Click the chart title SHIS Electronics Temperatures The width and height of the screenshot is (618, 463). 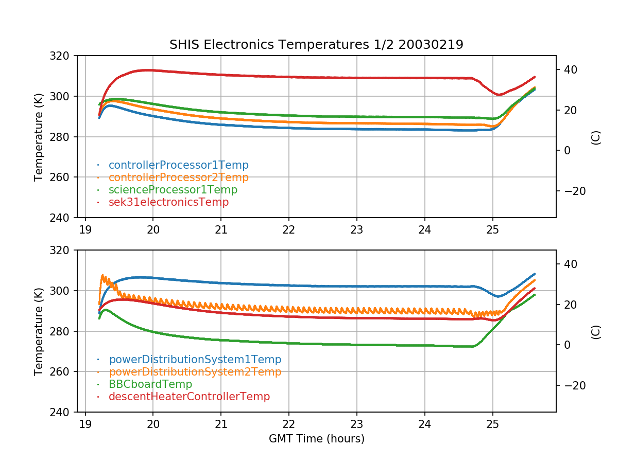click(316, 45)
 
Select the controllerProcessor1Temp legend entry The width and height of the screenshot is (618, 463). click(178, 165)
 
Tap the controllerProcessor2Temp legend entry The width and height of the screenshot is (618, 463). click(178, 177)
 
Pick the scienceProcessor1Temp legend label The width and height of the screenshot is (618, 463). click(173, 190)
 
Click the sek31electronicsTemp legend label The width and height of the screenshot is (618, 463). click(168, 202)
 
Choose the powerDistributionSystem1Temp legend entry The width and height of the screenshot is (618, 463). click(195, 360)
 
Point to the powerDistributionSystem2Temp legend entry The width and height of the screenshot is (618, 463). click(195, 372)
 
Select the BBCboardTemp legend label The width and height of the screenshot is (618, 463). click(150, 384)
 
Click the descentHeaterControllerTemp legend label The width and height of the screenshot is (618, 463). click(189, 397)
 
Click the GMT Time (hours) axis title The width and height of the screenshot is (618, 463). click(316, 439)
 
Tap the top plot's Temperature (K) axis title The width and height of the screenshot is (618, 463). click(39, 137)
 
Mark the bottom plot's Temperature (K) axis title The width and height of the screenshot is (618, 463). click(39, 331)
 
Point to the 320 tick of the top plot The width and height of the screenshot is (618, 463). click(64, 56)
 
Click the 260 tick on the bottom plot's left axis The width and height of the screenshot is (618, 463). click(64, 372)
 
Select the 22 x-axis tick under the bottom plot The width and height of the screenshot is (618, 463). click(289, 423)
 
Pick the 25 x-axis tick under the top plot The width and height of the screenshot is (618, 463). click(493, 228)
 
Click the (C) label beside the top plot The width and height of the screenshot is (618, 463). click(596, 137)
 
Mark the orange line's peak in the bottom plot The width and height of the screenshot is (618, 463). click(103, 275)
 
